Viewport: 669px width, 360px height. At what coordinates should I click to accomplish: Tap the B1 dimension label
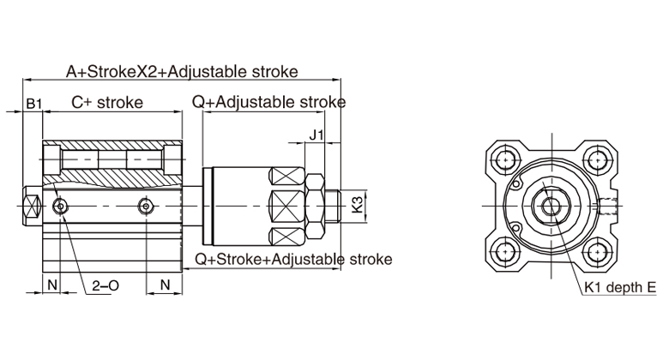pyautogui.click(x=33, y=104)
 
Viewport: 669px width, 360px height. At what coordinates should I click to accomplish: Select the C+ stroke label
pyautogui.click(x=106, y=103)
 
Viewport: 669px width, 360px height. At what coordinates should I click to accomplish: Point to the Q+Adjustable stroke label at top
pyautogui.click(x=268, y=103)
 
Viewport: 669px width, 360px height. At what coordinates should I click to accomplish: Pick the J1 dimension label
pyautogui.click(x=316, y=135)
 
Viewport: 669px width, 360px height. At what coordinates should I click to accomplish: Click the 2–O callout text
pyautogui.click(x=104, y=288)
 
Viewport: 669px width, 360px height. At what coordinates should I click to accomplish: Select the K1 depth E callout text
pyautogui.click(x=620, y=288)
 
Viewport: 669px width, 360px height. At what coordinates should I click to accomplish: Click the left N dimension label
pyautogui.click(x=51, y=282)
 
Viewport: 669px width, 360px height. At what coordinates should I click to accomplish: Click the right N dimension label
pyautogui.click(x=165, y=282)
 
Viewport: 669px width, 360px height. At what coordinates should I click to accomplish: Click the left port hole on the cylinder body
pyautogui.click(x=59, y=207)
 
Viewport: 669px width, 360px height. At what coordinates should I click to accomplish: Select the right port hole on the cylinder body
pyautogui.click(x=147, y=207)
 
